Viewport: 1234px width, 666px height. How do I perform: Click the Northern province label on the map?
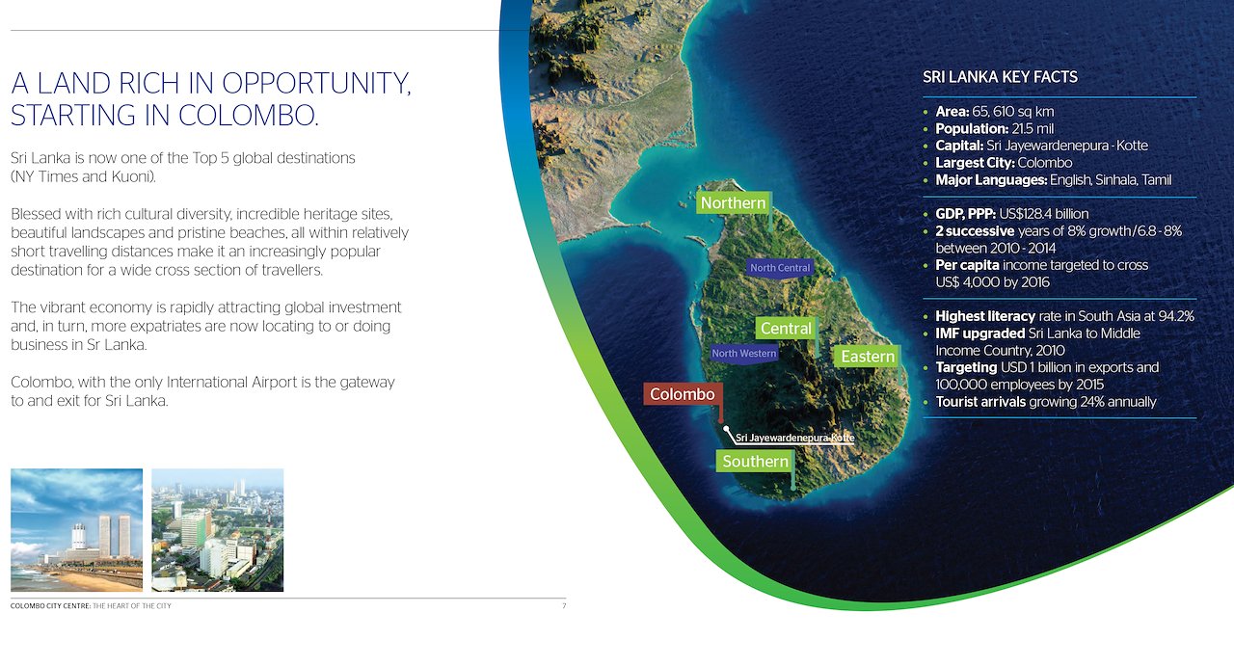click(x=734, y=202)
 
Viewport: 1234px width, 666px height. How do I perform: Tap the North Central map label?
click(x=780, y=268)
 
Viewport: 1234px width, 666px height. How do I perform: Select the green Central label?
click(x=786, y=329)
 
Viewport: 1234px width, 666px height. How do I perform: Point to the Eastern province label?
click(x=868, y=357)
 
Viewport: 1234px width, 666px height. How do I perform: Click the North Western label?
click(x=743, y=353)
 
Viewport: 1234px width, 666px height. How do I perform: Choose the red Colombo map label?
click(x=683, y=394)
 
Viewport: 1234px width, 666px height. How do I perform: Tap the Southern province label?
click(x=755, y=461)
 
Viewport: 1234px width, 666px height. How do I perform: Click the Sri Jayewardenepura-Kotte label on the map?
click(x=795, y=438)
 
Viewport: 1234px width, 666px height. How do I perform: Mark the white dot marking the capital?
click(x=727, y=428)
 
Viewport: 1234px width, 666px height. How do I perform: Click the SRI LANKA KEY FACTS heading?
click(x=1000, y=77)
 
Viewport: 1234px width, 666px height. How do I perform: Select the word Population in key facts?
click(x=972, y=129)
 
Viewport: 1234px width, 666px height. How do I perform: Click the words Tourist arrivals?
click(x=980, y=402)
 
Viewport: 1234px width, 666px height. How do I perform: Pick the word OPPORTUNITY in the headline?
click(x=316, y=84)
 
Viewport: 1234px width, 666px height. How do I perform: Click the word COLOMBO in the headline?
click(x=248, y=116)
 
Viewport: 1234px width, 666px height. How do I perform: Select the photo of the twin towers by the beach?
click(x=76, y=530)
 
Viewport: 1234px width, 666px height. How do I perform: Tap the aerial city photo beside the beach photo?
click(x=218, y=530)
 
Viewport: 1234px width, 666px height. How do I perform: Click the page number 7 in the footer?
click(x=564, y=606)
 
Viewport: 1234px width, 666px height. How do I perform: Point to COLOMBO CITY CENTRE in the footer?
click(x=50, y=606)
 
